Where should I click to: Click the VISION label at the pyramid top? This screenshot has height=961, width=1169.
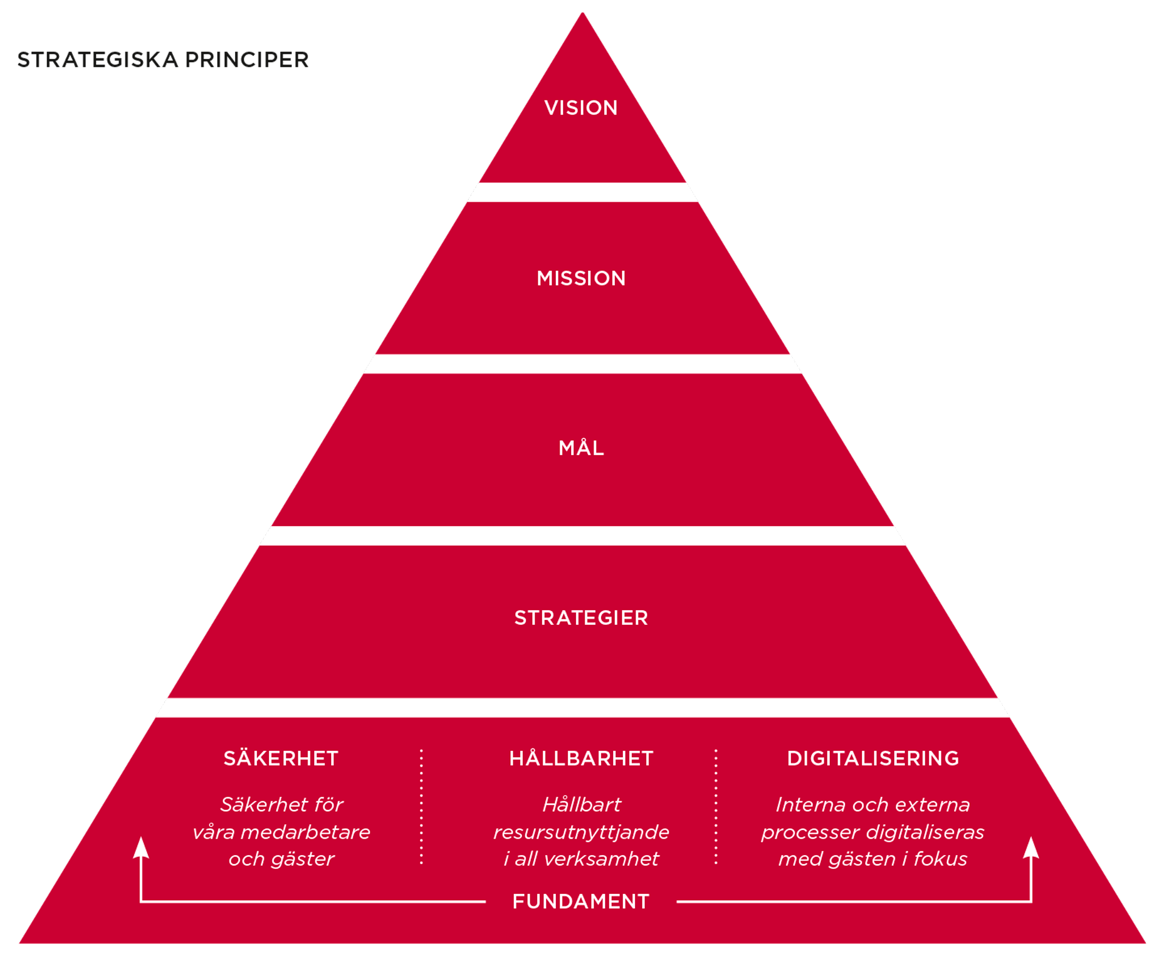tap(581, 108)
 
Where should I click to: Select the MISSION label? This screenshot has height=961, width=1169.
tap(581, 278)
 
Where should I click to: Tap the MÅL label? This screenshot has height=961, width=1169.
tap(581, 448)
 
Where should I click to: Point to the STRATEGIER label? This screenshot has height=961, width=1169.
tap(581, 618)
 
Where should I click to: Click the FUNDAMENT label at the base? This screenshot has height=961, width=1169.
tap(581, 901)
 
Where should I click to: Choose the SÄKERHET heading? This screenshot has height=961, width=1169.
tap(281, 758)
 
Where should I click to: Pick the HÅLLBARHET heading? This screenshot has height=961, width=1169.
tap(581, 758)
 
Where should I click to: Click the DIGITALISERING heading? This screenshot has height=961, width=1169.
tap(872, 758)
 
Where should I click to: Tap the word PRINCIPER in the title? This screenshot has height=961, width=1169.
tap(247, 60)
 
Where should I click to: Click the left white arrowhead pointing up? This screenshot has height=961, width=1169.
tap(141, 848)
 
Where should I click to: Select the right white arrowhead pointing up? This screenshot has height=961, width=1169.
tap(1031, 848)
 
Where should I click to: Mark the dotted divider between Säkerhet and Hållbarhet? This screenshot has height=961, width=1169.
tap(421, 806)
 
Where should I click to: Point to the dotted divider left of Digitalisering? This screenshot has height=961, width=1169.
tap(716, 806)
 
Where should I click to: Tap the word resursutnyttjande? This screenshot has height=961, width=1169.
tap(581, 832)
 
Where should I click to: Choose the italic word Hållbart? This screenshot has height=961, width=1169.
tap(581, 805)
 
